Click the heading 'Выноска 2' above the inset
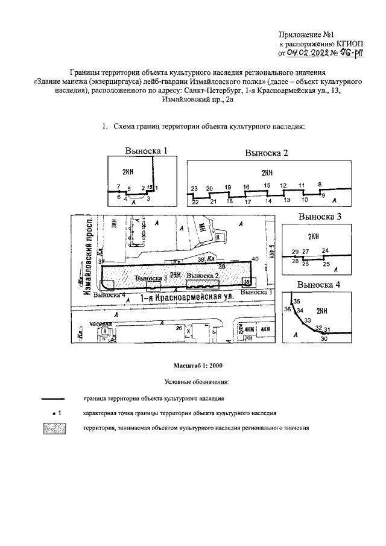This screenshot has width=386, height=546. pos(267,153)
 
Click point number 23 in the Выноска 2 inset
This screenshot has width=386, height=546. pos(194,189)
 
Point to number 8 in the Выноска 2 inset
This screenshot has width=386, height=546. pos(320,183)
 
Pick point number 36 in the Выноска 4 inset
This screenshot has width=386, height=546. pos(288,308)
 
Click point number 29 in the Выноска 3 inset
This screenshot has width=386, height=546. pos(295,251)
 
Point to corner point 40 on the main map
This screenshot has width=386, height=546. pos(255,259)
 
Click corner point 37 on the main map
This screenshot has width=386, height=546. pos(102,261)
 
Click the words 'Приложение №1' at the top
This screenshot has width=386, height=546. pos(304,34)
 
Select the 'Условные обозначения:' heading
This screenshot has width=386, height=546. pos(193,382)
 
